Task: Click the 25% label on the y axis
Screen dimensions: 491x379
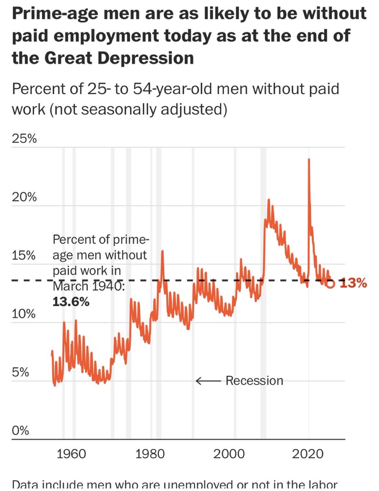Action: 24,138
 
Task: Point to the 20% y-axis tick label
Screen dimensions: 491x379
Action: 24,197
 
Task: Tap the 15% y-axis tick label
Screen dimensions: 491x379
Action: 24,255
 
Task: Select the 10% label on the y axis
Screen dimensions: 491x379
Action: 24,314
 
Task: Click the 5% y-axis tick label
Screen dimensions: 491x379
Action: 20,372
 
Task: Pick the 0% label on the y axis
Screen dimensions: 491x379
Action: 20,430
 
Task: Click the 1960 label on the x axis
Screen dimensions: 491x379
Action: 71,454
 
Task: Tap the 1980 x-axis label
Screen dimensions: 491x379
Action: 150,454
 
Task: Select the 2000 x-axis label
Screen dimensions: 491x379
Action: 229,454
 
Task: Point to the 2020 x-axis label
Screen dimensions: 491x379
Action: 307,454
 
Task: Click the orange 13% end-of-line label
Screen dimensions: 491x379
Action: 353,283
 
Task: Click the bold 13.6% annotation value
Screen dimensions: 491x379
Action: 71,302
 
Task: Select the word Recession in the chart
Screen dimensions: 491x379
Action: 254,381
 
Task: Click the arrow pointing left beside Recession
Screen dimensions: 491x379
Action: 208,381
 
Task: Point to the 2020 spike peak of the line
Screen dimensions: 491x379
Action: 309,160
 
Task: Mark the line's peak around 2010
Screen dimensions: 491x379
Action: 269,200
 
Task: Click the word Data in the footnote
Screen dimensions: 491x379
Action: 25,485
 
